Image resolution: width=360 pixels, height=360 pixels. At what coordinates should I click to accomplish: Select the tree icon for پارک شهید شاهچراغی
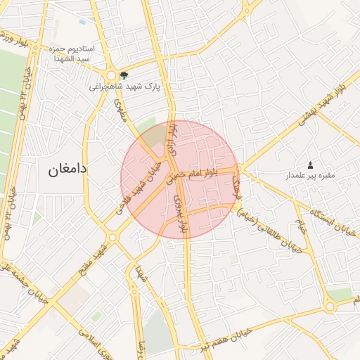(x=124, y=75)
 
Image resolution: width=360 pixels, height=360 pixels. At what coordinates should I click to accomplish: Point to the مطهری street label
(x=121, y=110)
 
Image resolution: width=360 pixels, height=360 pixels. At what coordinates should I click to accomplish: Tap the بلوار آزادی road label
(x=171, y=139)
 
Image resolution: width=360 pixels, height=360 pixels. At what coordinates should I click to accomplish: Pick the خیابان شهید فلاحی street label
(x=143, y=186)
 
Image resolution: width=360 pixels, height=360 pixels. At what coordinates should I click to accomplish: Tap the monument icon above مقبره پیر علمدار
(x=311, y=165)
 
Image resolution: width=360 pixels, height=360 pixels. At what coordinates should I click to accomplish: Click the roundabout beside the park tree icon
(x=111, y=75)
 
